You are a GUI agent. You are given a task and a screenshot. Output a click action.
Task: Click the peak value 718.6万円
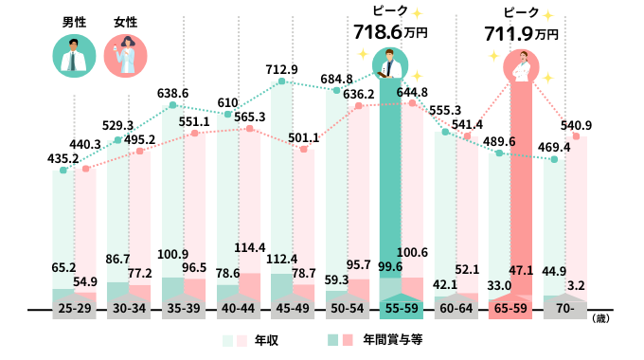coord(390,32)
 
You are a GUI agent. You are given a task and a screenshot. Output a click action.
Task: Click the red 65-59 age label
coord(512,310)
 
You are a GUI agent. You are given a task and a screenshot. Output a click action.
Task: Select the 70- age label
coord(567,310)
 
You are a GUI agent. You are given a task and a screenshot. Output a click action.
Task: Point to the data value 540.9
coord(576,124)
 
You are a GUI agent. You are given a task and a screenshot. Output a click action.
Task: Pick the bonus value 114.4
coord(250,247)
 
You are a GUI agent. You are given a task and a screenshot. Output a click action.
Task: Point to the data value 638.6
coord(172,94)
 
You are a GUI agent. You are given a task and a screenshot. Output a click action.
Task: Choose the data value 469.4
coord(555,147)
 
